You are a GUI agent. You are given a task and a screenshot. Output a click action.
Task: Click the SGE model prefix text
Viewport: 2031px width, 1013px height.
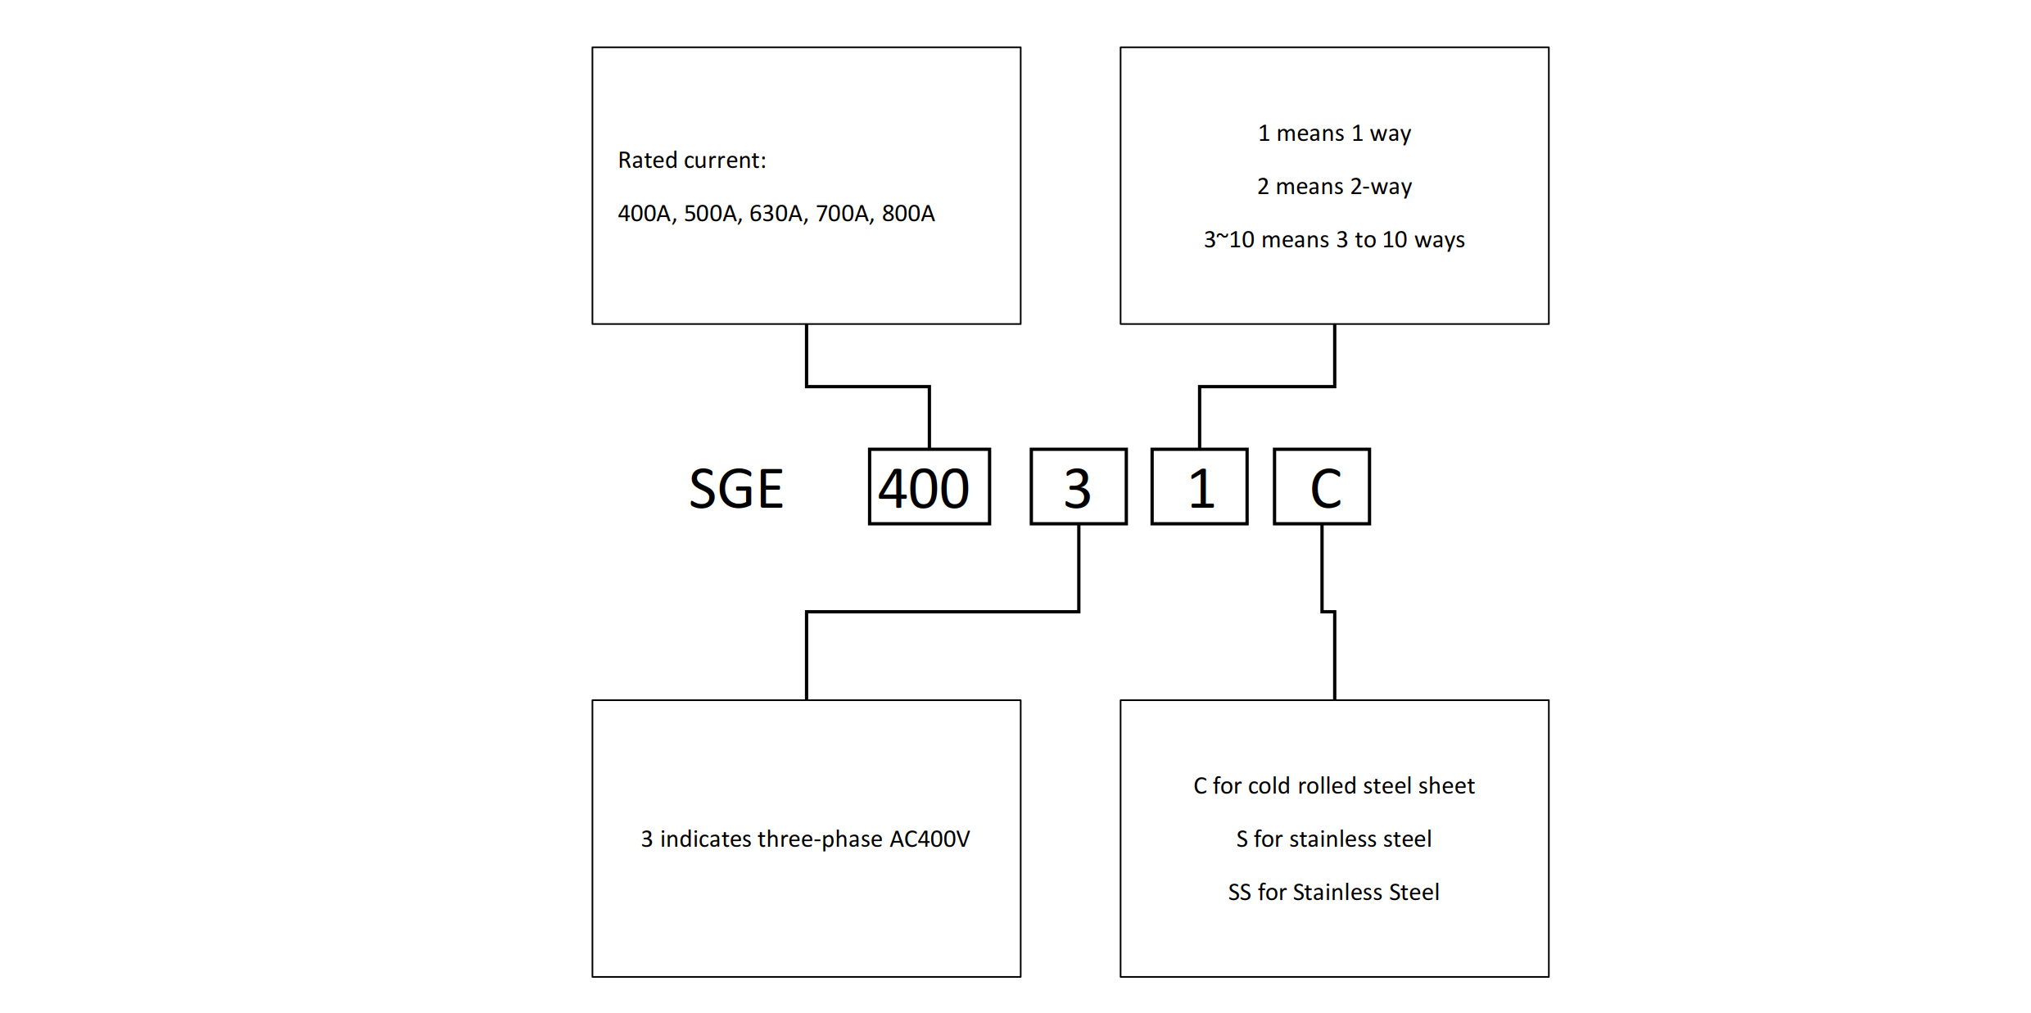735,489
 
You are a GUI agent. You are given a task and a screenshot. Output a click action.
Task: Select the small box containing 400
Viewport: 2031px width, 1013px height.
929,487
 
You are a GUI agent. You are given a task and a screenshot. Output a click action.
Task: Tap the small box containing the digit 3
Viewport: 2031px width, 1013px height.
1078,487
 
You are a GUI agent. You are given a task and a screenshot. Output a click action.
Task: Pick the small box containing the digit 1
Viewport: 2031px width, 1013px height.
1199,487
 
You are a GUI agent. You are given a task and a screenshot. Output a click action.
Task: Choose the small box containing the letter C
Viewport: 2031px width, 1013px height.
1321,487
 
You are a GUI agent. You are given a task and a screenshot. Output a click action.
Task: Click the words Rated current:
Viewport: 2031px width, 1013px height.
692,161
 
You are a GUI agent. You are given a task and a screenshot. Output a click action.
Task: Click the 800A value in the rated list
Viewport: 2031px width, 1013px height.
908,214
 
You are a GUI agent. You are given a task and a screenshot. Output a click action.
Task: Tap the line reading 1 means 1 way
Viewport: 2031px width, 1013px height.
1334,133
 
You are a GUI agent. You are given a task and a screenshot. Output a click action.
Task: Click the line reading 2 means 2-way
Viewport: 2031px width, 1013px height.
1334,187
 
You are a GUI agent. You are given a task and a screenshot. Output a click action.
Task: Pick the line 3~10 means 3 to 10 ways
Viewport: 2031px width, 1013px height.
1334,240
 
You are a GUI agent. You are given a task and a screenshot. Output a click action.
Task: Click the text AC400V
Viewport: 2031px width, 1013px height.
930,839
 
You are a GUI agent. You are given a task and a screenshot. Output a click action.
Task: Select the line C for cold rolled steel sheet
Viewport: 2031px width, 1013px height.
1334,786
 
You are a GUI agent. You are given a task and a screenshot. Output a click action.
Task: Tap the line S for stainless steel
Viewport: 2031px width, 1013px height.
1334,839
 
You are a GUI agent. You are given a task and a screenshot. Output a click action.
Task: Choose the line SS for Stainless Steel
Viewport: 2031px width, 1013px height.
1334,893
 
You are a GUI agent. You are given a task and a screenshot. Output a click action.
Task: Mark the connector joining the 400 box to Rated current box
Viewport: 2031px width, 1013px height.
868,387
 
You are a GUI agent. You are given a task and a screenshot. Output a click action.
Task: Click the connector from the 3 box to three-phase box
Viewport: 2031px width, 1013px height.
942,612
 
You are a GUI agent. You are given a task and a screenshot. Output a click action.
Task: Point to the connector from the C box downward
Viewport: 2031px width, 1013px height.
1335,655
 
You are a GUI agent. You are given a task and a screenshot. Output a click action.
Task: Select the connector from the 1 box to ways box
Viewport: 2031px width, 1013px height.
1267,387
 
